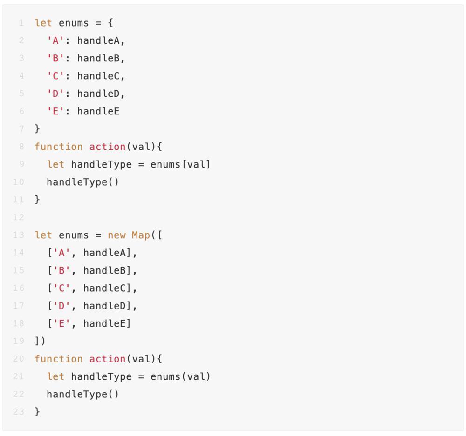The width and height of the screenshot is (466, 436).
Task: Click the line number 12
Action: pyautogui.click(x=18, y=217)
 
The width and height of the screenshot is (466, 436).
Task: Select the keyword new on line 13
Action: pyautogui.click(x=116, y=235)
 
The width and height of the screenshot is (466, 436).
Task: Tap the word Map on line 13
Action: pyautogui.click(x=141, y=235)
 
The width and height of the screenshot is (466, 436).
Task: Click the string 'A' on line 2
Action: pyautogui.click(x=55, y=40)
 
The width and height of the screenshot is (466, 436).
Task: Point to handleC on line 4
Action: pyautogui.click(x=98, y=76)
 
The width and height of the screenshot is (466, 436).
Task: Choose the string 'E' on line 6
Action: pyautogui.click(x=55, y=111)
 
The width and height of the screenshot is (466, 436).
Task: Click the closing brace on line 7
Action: pyautogui.click(x=37, y=129)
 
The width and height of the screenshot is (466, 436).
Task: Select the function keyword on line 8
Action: pyautogui.click(x=59, y=147)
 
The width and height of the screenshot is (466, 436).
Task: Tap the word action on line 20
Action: pyautogui.click(x=107, y=359)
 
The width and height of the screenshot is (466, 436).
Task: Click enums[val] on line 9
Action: pyautogui.click(x=180, y=164)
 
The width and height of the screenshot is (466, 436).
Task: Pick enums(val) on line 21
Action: pyautogui.click(x=180, y=376)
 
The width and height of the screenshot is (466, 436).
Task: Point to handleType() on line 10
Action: pyautogui.click(x=82, y=182)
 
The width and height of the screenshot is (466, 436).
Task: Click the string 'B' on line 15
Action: pyautogui.click(x=62, y=270)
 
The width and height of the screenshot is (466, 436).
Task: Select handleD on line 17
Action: pyautogui.click(x=104, y=306)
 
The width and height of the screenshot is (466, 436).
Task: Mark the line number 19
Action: pyautogui.click(x=18, y=341)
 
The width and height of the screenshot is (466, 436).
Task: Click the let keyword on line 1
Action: pyautogui.click(x=43, y=23)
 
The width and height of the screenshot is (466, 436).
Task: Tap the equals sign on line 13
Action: pyautogui.click(x=98, y=235)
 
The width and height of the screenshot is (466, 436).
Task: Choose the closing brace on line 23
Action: pyautogui.click(x=37, y=412)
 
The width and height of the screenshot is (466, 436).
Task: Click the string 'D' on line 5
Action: pyautogui.click(x=55, y=94)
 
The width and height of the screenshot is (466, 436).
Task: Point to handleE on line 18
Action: pyautogui.click(x=104, y=323)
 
